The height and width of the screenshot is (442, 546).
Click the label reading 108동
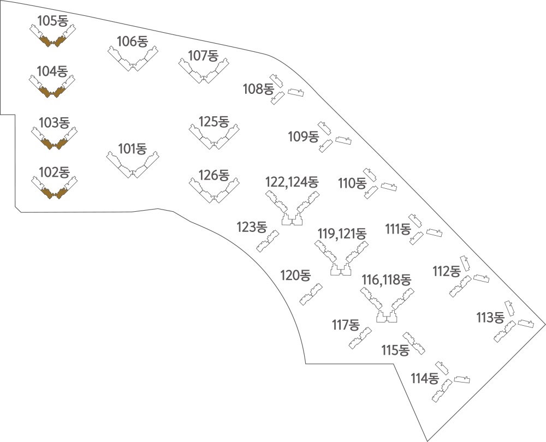point(258,89)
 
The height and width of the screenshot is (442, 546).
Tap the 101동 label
point(132,148)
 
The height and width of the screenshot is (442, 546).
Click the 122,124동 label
point(292,182)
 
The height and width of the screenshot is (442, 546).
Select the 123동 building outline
point(268,241)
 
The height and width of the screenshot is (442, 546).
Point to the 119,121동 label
point(342,234)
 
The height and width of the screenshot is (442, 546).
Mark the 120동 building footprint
point(311,295)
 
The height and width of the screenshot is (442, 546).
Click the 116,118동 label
point(387,279)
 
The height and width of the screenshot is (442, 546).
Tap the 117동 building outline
point(360,338)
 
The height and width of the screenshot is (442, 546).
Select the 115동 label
point(395,350)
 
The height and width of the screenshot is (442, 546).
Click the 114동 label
point(424,378)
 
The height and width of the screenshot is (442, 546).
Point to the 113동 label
point(490,318)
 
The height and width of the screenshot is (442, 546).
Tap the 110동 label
point(352,183)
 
